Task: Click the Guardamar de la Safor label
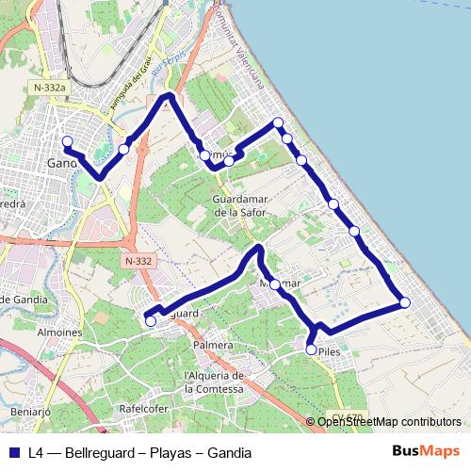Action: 239,206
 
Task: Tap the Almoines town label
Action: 61,333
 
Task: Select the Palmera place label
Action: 212,345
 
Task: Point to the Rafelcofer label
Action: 143,409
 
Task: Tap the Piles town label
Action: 329,351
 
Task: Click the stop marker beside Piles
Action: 312,349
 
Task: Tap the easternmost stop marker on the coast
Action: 405,302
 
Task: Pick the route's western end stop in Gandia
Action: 67,142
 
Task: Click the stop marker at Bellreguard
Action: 151,321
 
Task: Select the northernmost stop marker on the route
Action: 278,122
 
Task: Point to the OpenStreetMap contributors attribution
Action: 389,422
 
